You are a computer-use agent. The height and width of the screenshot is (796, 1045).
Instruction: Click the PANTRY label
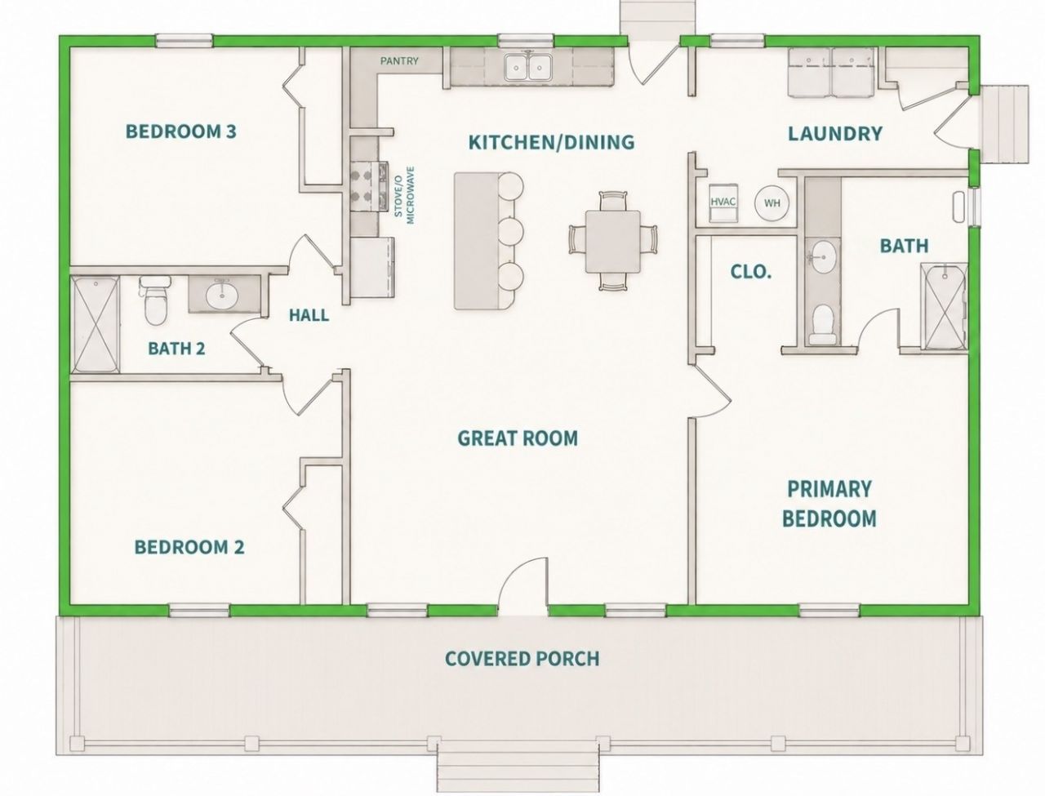pyautogui.click(x=399, y=61)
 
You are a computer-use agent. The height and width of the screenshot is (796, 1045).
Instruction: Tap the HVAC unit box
pyautogui.click(x=723, y=202)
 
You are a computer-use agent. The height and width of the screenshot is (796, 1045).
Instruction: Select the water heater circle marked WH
pyautogui.click(x=772, y=202)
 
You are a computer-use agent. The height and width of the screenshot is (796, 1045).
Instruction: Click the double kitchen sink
pyautogui.click(x=528, y=67)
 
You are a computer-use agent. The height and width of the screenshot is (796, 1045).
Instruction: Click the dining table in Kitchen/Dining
pyautogui.click(x=613, y=242)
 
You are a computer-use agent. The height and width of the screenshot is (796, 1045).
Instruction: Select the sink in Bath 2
pyautogui.click(x=222, y=296)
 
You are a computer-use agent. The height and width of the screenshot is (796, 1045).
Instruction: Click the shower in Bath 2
pyautogui.click(x=96, y=324)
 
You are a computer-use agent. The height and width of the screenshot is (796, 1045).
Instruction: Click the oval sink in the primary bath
pyautogui.click(x=823, y=257)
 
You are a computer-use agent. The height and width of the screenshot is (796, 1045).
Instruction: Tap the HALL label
pyautogui.click(x=309, y=314)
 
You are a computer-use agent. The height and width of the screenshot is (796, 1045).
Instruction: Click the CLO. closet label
pyautogui.click(x=751, y=273)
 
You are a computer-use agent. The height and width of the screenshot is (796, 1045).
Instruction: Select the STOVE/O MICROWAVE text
pyautogui.click(x=405, y=195)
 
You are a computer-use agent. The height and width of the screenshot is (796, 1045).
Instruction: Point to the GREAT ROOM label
pyautogui.click(x=518, y=438)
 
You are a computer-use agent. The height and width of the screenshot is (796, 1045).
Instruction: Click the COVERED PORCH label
pyautogui.click(x=522, y=658)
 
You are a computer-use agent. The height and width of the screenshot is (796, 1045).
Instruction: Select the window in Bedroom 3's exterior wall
pyautogui.click(x=185, y=41)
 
